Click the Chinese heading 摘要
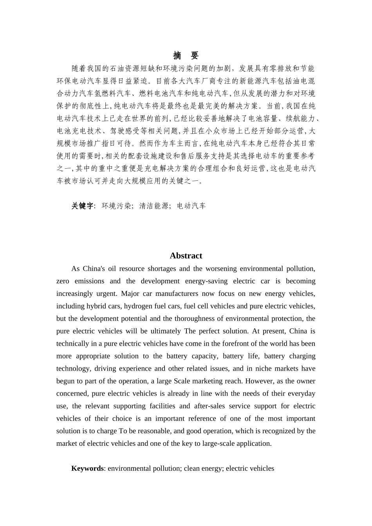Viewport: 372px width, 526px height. (x=186, y=55)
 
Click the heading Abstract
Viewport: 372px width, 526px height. (x=186, y=256)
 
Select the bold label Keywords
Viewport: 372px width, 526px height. (x=87, y=468)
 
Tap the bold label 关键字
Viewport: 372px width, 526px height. (x=82, y=206)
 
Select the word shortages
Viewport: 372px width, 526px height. (x=162, y=268)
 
